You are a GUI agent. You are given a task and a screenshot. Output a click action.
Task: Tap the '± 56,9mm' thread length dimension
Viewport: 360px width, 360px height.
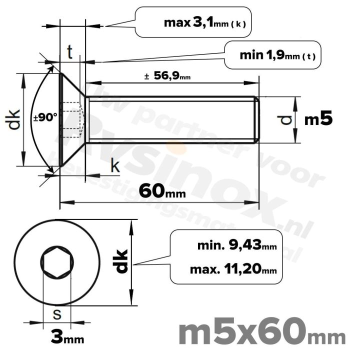[x=167, y=76]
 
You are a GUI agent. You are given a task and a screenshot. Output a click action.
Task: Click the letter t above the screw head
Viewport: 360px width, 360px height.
[x=70, y=51]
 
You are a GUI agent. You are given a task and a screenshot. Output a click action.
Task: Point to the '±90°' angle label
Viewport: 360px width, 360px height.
[x=45, y=118]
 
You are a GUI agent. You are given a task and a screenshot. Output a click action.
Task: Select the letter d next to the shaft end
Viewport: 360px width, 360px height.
[x=285, y=119]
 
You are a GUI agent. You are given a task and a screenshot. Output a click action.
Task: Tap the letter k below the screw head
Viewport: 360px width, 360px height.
[x=115, y=166]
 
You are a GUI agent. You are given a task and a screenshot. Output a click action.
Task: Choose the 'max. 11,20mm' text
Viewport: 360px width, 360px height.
[x=233, y=270]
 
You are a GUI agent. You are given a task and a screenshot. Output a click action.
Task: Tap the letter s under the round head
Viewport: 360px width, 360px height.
[x=57, y=314]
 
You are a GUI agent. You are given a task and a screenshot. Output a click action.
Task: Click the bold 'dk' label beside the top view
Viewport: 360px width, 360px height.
[x=121, y=261]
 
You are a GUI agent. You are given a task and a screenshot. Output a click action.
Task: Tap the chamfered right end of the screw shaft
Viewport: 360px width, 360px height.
[x=257, y=119]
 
